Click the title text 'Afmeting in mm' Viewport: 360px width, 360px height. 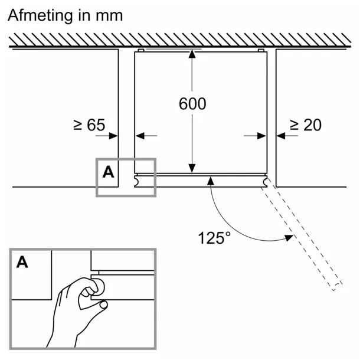click(65, 15)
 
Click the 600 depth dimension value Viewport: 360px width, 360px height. click(192, 104)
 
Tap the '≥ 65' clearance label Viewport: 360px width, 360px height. click(89, 125)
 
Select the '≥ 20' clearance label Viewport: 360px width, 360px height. click(306, 125)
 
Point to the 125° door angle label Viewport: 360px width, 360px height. click(214, 238)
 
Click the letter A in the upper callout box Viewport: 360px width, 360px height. click(108, 172)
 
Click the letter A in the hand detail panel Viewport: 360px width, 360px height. click(22, 262)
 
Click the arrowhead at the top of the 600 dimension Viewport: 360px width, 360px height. click(192, 54)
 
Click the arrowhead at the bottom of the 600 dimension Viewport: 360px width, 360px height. click(192, 168)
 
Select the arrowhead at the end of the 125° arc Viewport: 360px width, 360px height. click(289, 238)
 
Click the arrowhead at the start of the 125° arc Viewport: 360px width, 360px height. click(211, 181)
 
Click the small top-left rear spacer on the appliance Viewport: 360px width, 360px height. click(141, 51)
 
